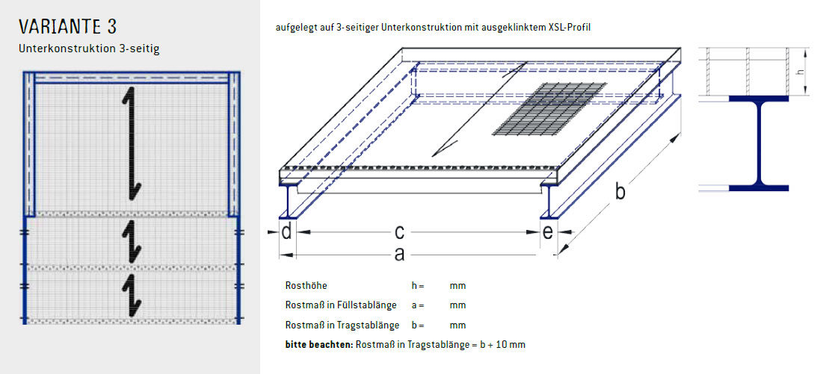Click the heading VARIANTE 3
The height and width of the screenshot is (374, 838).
tap(68, 28)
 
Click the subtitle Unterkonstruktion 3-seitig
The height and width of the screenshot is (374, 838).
tap(90, 49)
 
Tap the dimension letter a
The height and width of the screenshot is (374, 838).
tap(399, 255)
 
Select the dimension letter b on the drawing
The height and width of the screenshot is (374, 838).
tap(620, 191)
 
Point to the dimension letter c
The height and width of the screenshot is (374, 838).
tap(400, 232)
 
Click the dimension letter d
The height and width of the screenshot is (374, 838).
tap(287, 232)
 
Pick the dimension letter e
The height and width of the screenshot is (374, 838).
tap(547, 232)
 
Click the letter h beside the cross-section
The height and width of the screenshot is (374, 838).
tap(800, 72)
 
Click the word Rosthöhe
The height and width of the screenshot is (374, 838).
tap(306, 286)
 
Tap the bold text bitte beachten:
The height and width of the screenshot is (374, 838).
tap(319, 345)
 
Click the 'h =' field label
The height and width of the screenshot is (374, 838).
tap(417, 286)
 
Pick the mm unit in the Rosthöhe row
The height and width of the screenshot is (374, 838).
tap(457, 286)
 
